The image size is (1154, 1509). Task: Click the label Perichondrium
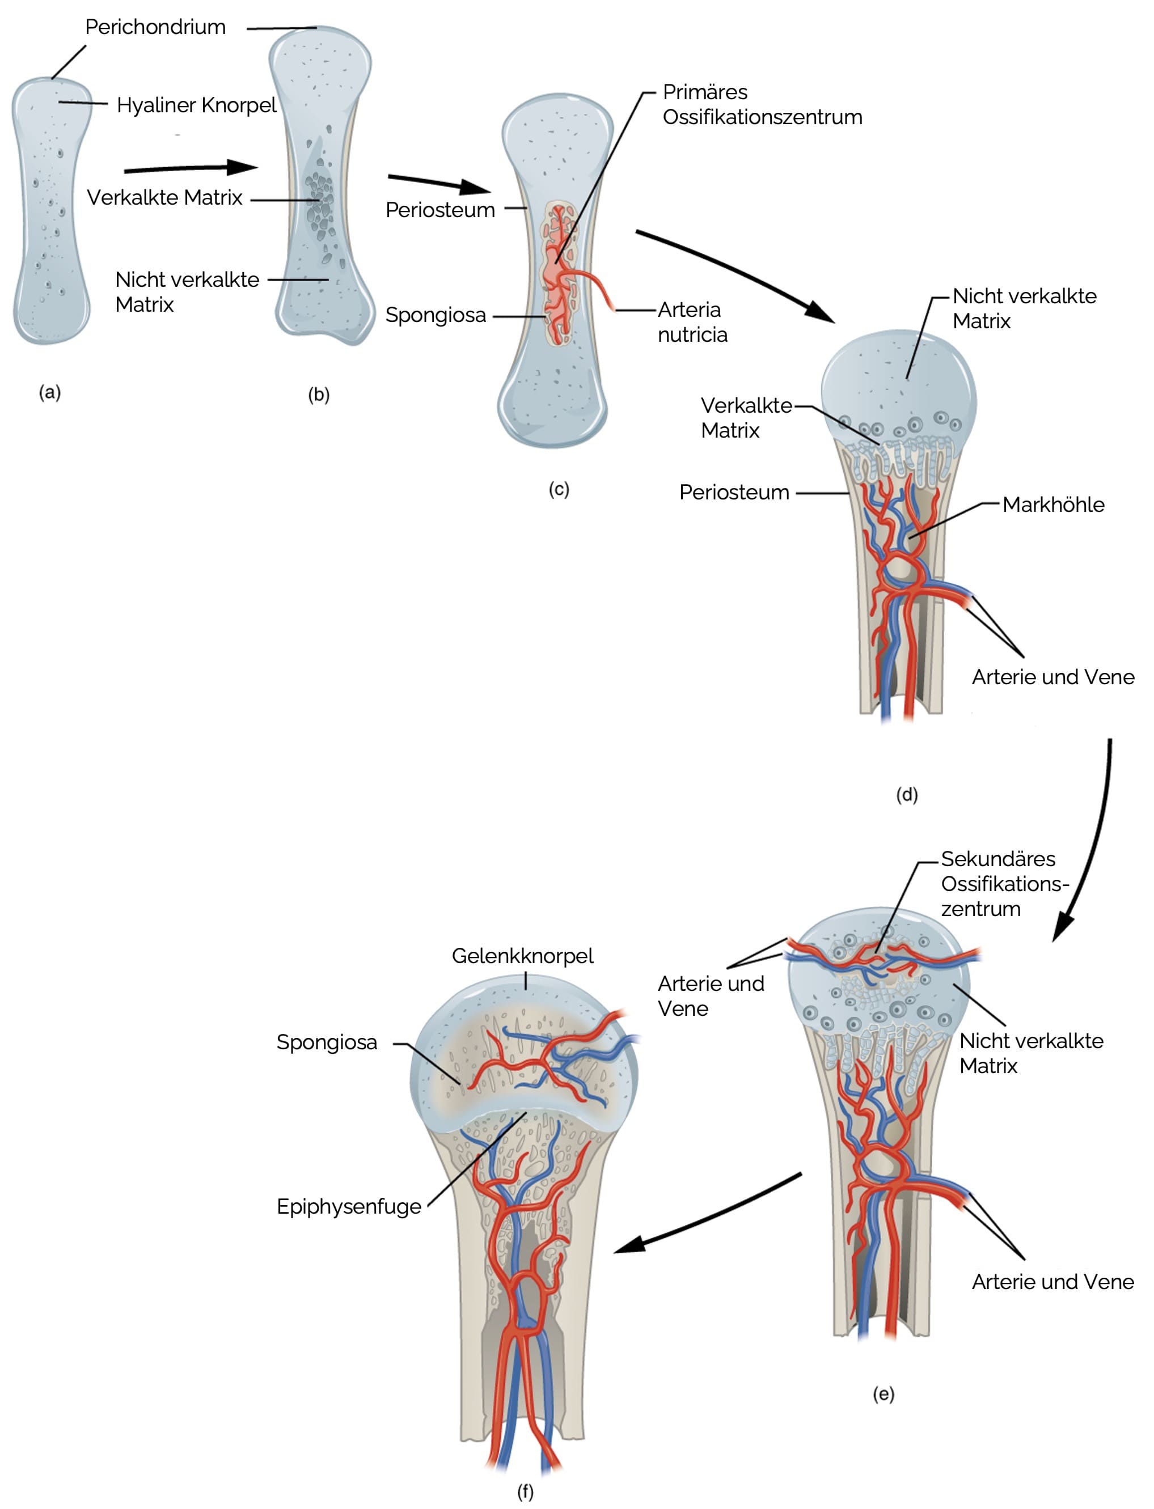pos(155,27)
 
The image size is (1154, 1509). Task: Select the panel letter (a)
pos(50,393)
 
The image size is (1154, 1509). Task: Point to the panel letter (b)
pos(319,395)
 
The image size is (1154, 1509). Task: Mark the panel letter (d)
pos(907,794)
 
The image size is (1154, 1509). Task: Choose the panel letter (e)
pos(884,1394)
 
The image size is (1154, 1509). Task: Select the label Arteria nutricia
pos(692,322)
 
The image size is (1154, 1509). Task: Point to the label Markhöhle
pos(1053,505)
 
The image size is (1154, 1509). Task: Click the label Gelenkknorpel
pos(522,956)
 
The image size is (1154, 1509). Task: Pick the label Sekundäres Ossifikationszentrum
pos(1004,884)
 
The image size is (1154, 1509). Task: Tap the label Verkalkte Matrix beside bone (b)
pos(164,198)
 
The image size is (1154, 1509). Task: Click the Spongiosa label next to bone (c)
pos(436,315)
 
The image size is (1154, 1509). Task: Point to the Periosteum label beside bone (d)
pos(734,492)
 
